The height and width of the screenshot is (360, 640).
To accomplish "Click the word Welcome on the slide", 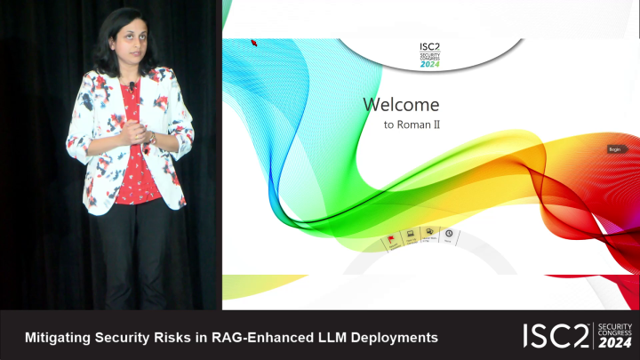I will coord(401,104).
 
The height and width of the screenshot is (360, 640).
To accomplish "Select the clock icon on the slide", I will coord(449,235).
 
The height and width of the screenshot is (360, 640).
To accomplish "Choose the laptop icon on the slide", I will coord(412,236).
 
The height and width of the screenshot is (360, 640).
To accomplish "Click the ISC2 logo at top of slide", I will coord(430,52).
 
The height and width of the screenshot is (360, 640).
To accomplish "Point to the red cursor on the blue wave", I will coord(254,42).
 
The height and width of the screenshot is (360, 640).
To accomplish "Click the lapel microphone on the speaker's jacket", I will coord(132,86).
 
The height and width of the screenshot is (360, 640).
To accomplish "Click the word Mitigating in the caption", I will coord(56,338).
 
